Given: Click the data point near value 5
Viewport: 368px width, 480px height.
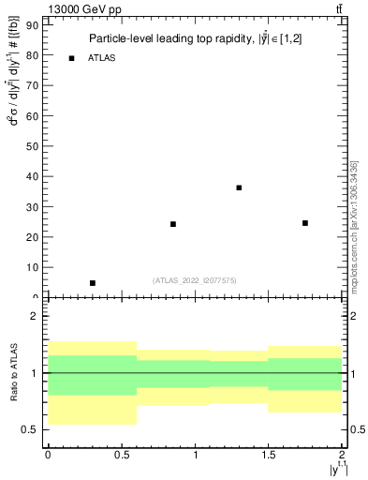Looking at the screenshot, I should pyautogui.click(x=92, y=283).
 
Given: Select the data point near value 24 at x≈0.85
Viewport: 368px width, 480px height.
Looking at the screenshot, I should pyautogui.click(x=173, y=224).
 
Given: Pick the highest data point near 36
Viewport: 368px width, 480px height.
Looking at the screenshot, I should pyautogui.click(x=239, y=187).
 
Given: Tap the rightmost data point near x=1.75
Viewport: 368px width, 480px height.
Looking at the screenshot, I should pyautogui.click(x=305, y=223).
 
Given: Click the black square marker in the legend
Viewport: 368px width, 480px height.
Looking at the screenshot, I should pyautogui.click(x=71, y=58).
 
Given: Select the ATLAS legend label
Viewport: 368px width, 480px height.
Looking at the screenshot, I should pyautogui.click(x=102, y=58).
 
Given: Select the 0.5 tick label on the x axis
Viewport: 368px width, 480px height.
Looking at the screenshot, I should pyautogui.click(x=121, y=455).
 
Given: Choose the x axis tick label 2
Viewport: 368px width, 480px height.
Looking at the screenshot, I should pyautogui.click(x=341, y=455).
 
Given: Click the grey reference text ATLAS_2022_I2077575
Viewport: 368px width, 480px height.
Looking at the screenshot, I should pyautogui.click(x=194, y=279).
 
